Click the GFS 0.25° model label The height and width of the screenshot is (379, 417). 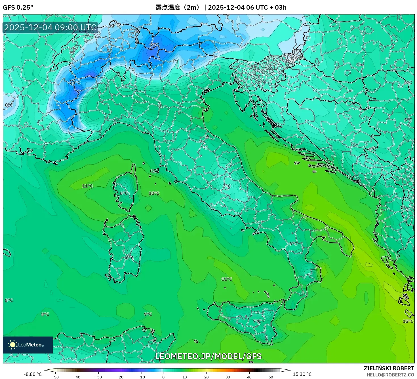18,7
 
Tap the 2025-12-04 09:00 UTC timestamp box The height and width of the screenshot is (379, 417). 50,27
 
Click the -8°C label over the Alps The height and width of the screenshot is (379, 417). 154,45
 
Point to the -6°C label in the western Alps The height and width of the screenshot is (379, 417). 75,82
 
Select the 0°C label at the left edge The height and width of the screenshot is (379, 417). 9,105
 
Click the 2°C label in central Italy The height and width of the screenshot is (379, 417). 226,186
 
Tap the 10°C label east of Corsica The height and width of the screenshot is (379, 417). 154,193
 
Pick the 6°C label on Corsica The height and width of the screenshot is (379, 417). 124,193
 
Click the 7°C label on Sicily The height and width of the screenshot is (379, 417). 257,321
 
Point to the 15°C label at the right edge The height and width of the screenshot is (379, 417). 408,321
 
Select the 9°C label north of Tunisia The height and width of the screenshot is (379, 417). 148,314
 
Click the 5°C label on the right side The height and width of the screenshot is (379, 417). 408,120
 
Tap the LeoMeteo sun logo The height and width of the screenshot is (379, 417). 13,345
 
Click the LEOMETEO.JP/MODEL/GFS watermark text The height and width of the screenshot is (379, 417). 208,356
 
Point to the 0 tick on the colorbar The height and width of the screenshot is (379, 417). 163,377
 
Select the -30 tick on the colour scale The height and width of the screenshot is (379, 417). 98,377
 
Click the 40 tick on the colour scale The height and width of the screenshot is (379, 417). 249,377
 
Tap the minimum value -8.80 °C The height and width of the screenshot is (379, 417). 33,374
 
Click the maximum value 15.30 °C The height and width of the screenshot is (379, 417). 302,374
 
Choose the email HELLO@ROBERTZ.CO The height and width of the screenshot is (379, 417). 390,375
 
